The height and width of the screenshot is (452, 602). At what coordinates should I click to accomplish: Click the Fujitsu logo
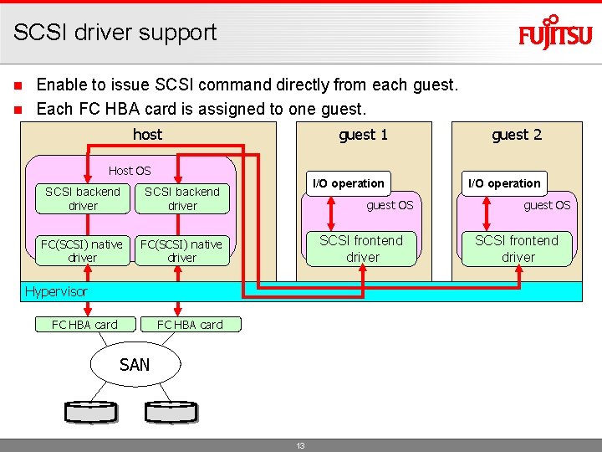click(x=555, y=33)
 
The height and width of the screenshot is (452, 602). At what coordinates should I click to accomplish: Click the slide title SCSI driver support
click(x=115, y=33)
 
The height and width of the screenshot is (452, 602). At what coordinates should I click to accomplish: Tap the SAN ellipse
click(x=135, y=364)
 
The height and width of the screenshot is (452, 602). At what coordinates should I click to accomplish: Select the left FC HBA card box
click(x=84, y=325)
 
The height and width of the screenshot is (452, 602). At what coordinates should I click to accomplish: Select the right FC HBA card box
click(x=190, y=325)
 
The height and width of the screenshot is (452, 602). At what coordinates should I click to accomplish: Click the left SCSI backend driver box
click(x=83, y=198)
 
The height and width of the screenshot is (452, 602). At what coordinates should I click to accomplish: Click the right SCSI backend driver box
click(x=182, y=198)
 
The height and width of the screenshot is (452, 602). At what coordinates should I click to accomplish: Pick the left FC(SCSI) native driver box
click(x=83, y=251)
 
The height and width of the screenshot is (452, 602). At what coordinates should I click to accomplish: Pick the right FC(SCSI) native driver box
click(x=182, y=251)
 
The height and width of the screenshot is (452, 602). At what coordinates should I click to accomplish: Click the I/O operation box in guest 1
click(x=348, y=183)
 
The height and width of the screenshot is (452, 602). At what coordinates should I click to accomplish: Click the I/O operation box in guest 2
click(x=504, y=183)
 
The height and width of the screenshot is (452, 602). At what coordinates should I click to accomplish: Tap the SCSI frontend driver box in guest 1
click(x=361, y=249)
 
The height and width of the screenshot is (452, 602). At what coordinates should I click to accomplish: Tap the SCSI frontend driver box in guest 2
click(x=518, y=249)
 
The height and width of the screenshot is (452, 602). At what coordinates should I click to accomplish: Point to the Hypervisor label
click(x=56, y=291)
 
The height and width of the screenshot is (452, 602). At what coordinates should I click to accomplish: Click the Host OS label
click(x=130, y=171)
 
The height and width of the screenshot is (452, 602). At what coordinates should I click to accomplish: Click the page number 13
click(x=300, y=445)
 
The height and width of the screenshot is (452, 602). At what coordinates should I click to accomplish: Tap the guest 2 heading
click(x=516, y=135)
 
